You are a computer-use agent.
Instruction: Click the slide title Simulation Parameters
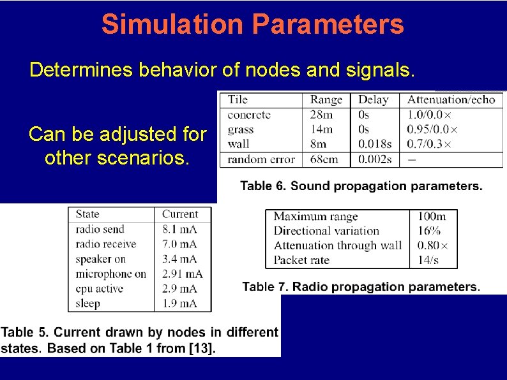click(253, 25)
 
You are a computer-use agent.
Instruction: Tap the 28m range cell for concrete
click(322, 115)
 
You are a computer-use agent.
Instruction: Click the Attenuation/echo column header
click(451, 99)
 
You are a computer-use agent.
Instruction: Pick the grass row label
click(240, 129)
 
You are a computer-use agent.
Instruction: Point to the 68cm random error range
click(324, 159)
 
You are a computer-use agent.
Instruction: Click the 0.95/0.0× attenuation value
click(432, 129)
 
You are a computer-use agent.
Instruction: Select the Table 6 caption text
click(361, 186)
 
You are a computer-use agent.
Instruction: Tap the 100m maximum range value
click(432, 217)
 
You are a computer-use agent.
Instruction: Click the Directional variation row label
click(326, 231)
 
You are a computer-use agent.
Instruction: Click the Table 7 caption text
click(361, 287)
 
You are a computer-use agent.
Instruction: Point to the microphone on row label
click(110, 274)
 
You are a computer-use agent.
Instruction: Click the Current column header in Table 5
click(180, 214)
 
